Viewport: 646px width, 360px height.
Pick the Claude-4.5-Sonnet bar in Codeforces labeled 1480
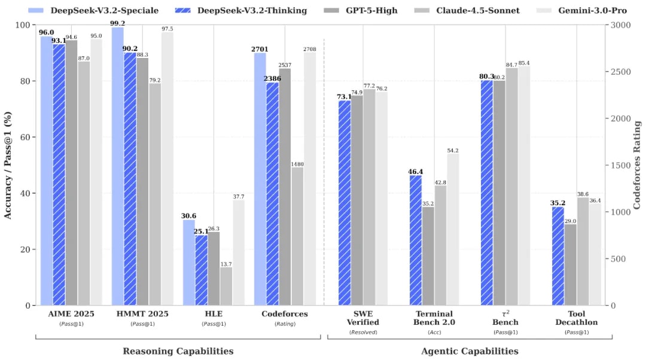point(297,236)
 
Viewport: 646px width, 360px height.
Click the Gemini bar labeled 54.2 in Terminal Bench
point(453,230)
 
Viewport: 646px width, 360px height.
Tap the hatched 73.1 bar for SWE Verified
point(345,203)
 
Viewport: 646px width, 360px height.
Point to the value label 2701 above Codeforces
point(260,48)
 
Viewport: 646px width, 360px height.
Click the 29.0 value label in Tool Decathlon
point(570,221)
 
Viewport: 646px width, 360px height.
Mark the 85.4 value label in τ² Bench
point(524,62)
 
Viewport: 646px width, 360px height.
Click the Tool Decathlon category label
point(577,318)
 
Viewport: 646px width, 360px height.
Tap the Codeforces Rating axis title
point(637,165)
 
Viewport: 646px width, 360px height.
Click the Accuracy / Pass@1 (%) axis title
point(8,165)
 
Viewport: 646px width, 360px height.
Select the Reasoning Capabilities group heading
point(178,351)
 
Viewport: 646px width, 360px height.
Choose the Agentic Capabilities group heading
point(470,351)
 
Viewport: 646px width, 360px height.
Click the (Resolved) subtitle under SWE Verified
point(363,332)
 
